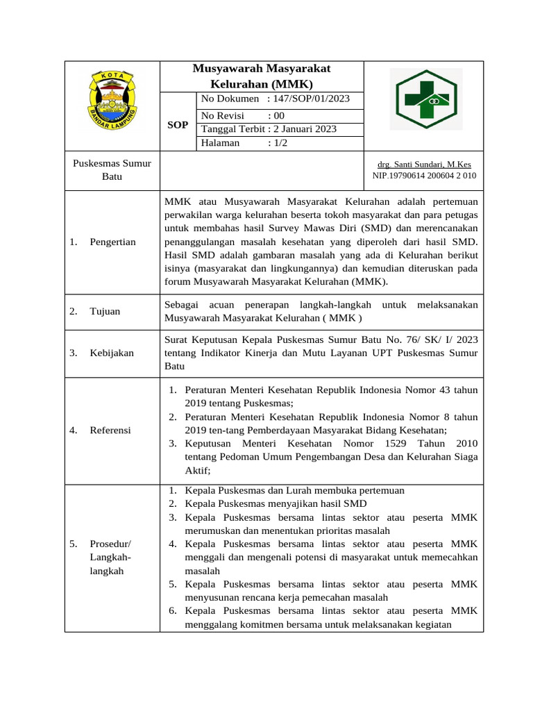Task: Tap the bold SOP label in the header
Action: click(x=178, y=125)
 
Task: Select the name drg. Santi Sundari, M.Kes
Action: click(x=424, y=165)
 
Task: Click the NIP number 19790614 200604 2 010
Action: click(x=424, y=176)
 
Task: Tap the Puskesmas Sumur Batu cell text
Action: click(x=112, y=170)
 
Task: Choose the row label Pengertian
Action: click(x=112, y=242)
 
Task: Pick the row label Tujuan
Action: click(x=105, y=311)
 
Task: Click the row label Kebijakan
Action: click(x=112, y=353)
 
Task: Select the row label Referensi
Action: click(x=110, y=430)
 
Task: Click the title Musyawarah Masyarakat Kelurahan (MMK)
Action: click(x=261, y=76)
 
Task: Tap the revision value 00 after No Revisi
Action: click(x=279, y=116)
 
